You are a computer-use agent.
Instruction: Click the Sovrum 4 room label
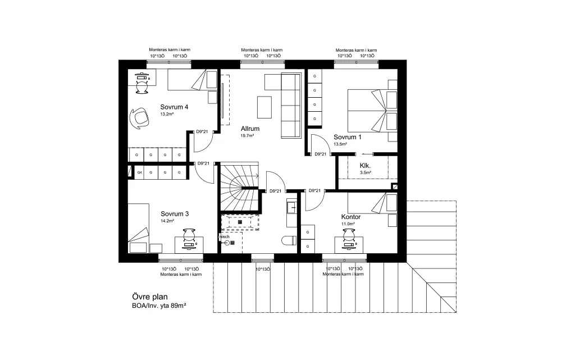click(174, 107)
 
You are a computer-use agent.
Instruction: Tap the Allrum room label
click(250, 129)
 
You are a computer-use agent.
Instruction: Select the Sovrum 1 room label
click(347, 137)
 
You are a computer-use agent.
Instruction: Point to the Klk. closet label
click(365, 166)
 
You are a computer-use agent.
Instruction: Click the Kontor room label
click(351, 217)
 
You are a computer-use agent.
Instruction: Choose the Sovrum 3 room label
click(175, 214)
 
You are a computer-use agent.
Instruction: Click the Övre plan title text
click(150, 297)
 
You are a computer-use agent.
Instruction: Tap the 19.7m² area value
click(247, 136)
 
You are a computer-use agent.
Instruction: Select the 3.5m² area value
click(365, 172)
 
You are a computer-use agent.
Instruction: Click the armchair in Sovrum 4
click(140, 118)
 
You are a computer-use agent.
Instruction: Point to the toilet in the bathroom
click(289, 241)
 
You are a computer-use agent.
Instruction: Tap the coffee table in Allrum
click(264, 107)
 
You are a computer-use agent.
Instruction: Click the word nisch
click(224, 237)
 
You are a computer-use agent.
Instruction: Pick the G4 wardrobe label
click(139, 172)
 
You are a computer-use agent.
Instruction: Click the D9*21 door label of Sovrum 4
click(202, 131)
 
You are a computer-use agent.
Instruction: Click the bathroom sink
click(292, 208)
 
